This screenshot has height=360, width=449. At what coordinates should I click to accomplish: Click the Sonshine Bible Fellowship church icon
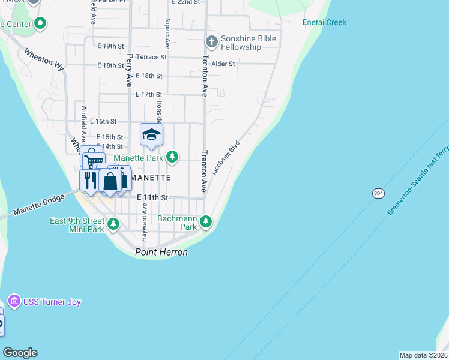[x=211, y=42]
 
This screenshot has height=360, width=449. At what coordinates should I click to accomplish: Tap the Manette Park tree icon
[x=173, y=157]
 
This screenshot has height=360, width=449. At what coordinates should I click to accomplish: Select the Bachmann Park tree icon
[x=206, y=222]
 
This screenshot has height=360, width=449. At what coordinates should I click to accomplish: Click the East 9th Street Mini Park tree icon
[x=113, y=224]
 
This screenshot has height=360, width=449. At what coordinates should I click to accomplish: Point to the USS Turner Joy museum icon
[x=14, y=301]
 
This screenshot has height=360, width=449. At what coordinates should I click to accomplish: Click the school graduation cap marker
[x=151, y=135]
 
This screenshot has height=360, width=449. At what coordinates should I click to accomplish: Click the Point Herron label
[x=161, y=253]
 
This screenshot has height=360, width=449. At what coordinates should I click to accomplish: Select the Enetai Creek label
[x=324, y=23]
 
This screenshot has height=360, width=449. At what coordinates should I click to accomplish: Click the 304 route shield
[x=378, y=194]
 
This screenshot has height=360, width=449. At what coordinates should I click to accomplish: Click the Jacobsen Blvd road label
[x=226, y=158]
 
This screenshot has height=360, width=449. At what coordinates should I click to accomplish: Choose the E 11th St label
[x=152, y=197]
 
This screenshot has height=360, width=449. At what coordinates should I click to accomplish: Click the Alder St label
[x=223, y=63]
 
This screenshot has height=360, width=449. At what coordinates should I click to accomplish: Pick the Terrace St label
[x=151, y=57]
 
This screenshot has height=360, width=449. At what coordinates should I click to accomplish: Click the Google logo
[x=20, y=353]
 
